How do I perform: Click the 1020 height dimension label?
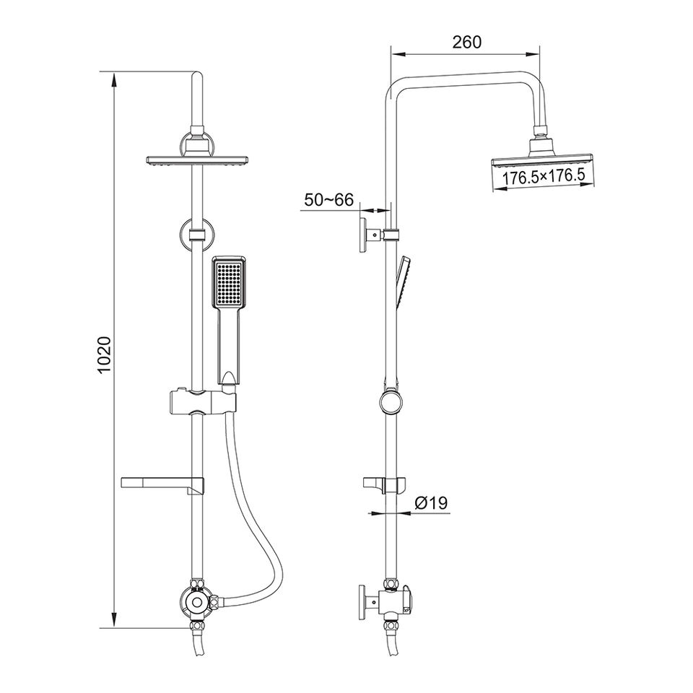pyautogui.click(x=105, y=354)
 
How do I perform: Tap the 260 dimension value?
pyautogui.click(x=466, y=42)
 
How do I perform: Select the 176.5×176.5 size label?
pyautogui.click(x=542, y=178)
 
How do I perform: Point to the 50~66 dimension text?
pyautogui.click(x=328, y=200)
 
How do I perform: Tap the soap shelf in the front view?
pyautogui.click(x=162, y=482)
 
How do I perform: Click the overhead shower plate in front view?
pyautogui.click(x=197, y=160)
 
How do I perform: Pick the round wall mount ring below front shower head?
pyautogui.click(x=196, y=235)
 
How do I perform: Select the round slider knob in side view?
pyautogui.click(x=391, y=401)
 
